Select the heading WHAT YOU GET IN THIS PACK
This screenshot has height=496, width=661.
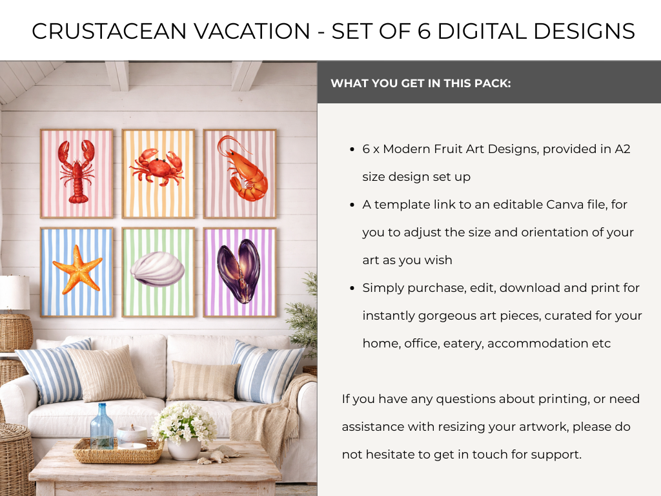tap(421, 83)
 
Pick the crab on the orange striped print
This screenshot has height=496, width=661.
tap(157, 167)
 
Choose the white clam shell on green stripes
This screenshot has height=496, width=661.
tap(158, 269)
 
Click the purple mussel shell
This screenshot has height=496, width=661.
tap(239, 271)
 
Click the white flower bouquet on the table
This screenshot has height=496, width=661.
tap(184, 424)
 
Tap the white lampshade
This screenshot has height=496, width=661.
tap(15, 293)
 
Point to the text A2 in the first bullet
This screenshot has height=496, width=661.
tap(622, 149)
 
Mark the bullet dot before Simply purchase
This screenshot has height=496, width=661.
tap(352, 288)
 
